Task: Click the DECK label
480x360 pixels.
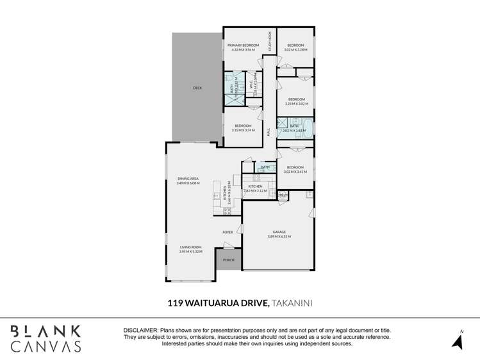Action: coord(197,88)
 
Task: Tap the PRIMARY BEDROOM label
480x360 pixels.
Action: coord(243,45)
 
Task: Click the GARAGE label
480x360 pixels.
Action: coord(279,233)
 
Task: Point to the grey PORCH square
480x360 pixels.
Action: coord(228,259)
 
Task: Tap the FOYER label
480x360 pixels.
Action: coord(228,232)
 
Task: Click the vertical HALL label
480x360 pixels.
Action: coord(269,131)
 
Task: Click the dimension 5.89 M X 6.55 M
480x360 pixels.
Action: coord(279,237)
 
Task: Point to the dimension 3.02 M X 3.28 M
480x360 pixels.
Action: coord(295,49)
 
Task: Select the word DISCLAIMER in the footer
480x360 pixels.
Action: coord(140,329)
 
